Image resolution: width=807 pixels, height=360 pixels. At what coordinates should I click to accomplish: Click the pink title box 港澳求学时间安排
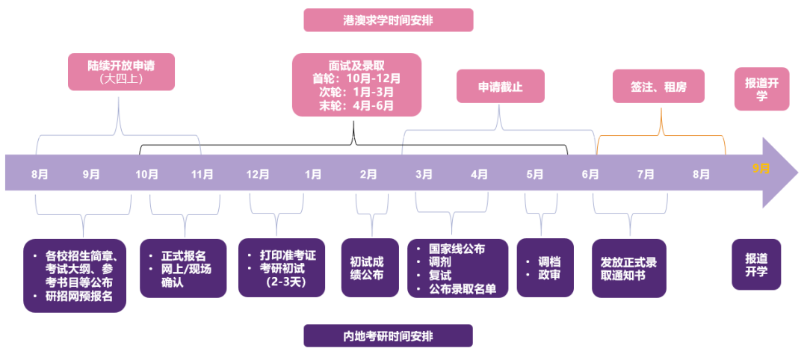(x=388, y=19)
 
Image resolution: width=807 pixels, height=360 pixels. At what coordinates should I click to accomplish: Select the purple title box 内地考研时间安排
(x=388, y=335)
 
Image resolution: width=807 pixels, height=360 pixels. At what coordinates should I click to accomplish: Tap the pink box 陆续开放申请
(x=121, y=71)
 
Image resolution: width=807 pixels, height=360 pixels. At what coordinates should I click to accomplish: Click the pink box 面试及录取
(x=356, y=84)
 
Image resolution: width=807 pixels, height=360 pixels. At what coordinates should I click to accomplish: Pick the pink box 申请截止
(x=500, y=87)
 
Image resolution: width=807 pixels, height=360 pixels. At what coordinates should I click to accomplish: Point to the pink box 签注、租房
(x=658, y=87)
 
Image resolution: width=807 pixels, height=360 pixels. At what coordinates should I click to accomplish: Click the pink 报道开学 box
(x=761, y=89)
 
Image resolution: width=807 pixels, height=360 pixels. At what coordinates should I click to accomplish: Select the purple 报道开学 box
(x=756, y=264)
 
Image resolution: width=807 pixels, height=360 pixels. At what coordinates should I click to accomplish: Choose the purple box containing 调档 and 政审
(x=545, y=267)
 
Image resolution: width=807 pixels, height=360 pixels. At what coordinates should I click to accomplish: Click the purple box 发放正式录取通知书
(x=628, y=268)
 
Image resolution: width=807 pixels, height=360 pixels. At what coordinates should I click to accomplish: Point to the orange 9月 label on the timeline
(x=761, y=169)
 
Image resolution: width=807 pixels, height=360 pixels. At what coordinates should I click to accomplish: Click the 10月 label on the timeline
(x=146, y=174)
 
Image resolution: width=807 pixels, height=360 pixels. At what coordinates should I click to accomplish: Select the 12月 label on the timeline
(x=258, y=174)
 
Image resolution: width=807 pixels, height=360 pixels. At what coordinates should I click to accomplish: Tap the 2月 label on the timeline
(x=368, y=174)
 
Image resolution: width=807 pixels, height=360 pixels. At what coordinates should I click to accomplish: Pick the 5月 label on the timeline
(x=535, y=174)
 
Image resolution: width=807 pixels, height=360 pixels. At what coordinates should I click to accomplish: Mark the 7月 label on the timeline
(x=646, y=174)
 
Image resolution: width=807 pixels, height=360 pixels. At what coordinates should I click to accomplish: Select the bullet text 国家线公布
(x=457, y=249)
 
